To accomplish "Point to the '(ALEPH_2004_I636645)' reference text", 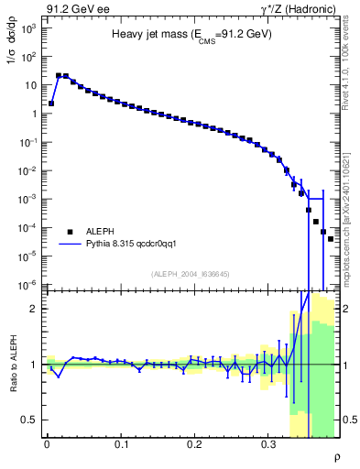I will click(191, 274).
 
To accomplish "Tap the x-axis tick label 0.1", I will click(121, 444).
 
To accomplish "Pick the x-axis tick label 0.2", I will click(194, 444).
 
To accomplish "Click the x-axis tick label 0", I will click(47, 444).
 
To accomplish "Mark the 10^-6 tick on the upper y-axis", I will click(29, 285).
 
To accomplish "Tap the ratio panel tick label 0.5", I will click(29, 420).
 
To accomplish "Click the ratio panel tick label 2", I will click(35, 309).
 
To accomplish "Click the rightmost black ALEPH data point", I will click(331, 238).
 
